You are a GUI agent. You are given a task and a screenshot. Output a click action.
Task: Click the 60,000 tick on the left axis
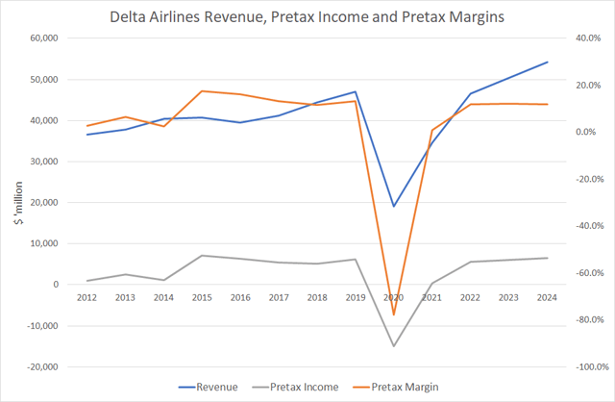coord(42,38)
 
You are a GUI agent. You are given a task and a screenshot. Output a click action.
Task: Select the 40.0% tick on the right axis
coord(586,38)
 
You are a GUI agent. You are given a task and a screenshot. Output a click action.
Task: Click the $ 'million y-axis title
coord(13,203)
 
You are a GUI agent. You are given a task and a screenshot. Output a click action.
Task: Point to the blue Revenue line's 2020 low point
coord(393,206)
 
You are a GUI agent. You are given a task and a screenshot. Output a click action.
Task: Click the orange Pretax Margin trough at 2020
coord(393,314)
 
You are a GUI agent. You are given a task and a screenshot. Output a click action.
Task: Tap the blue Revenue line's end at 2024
coord(547,63)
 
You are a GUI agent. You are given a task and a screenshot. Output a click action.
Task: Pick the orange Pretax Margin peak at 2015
coord(202,91)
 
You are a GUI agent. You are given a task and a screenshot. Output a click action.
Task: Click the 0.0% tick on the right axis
coord(589,132)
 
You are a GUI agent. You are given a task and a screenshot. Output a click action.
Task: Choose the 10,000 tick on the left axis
coord(42,243)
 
